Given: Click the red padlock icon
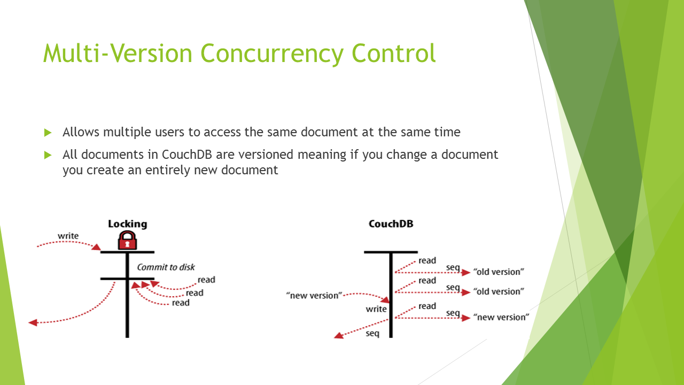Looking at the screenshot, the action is click(127, 240).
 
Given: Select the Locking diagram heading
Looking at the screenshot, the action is click(127, 224).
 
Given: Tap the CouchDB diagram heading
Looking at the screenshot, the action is click(391, 224).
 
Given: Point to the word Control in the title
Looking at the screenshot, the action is click(394, 53).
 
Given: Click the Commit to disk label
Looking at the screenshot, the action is click(166, 267).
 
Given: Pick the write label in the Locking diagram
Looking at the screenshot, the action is click(68, 236).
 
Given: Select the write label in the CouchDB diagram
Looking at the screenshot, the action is click(376, 309).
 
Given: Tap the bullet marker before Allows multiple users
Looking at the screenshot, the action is click(48, 133).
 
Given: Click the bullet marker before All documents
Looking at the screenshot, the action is click(48, 155).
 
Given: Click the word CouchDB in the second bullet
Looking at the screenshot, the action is click(187, 155).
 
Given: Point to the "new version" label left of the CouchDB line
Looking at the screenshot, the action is click(314, 296).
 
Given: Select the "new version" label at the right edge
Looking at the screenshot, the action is click(501, 317).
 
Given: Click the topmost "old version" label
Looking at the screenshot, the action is click(499, 272).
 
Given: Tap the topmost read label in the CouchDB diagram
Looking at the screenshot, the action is click(427, 260).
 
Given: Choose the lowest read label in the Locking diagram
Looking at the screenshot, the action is click(181, 303).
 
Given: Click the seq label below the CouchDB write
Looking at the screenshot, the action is click(372, 333).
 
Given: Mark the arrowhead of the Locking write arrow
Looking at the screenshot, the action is click(97, 247).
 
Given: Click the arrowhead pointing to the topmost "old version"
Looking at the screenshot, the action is click(466, 273).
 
